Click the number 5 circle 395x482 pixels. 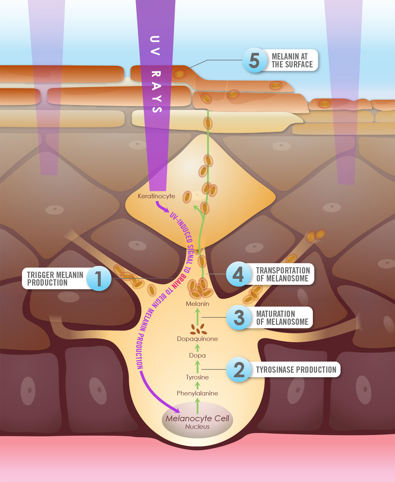point(254,60)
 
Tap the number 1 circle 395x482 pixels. point(99,279)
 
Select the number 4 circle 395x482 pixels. point(238,274)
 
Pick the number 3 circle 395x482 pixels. point(239,317)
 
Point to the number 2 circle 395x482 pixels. point(239,370)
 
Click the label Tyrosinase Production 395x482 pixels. point(296,370)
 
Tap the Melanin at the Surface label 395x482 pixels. point(292,60)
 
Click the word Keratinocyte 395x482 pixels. point(156,196)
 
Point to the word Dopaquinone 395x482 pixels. point(197,339)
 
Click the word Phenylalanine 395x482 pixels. point(197,393)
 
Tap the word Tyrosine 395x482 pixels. point(197,377)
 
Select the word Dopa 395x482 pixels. point(197,355)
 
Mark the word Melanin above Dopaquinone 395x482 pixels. point(197,304)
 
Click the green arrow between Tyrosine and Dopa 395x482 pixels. point(197,366)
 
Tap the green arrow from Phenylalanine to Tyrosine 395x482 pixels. point(197,385)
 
